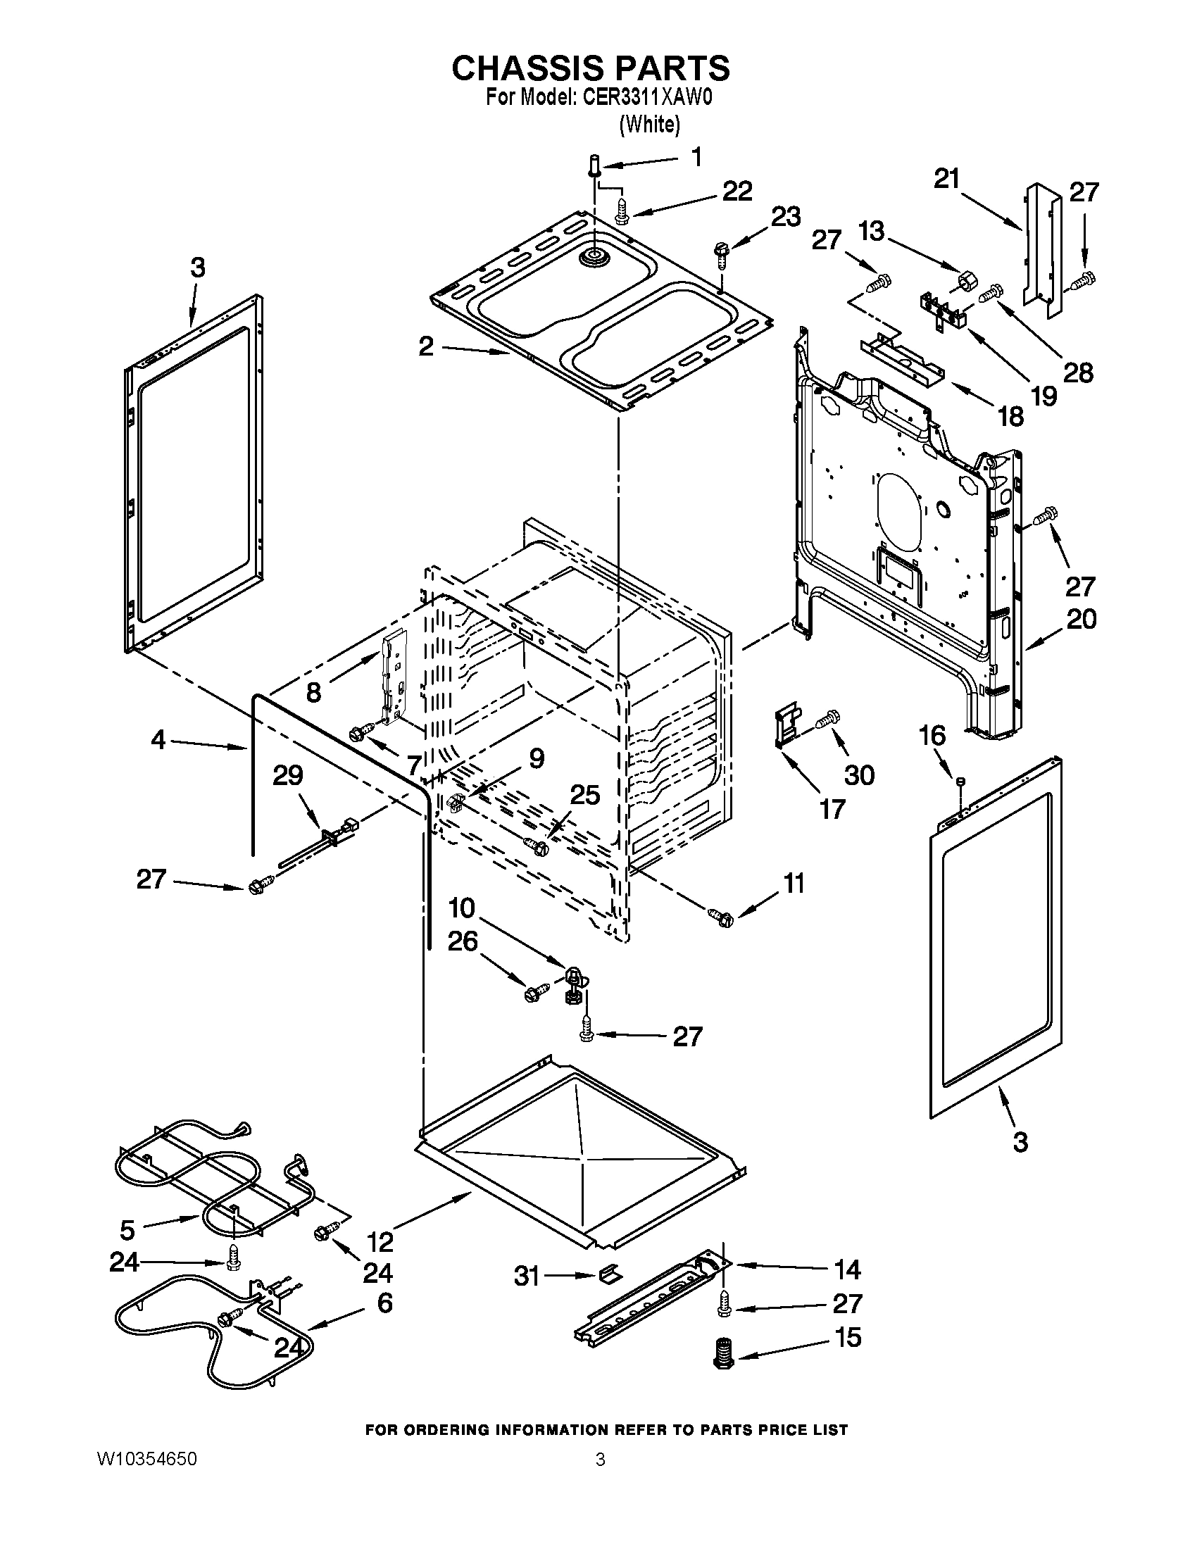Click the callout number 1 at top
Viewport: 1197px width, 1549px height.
click(x=696, y=158)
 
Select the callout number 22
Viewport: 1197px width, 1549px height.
click(x=737, y=192)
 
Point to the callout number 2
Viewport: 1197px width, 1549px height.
click(x=425, y=347)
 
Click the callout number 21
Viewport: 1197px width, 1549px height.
click(x=946, y=179)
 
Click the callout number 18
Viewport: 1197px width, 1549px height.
click(x=1010, y=416)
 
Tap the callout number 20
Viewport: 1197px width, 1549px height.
click(x=1081, y=619)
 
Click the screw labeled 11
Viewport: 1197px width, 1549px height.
click(x=720, y=915)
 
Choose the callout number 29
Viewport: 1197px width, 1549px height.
click(x=288, y=776)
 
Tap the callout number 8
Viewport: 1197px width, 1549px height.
click(x=313, y=691)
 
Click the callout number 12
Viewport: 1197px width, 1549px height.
click(x=380, y=1241)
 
